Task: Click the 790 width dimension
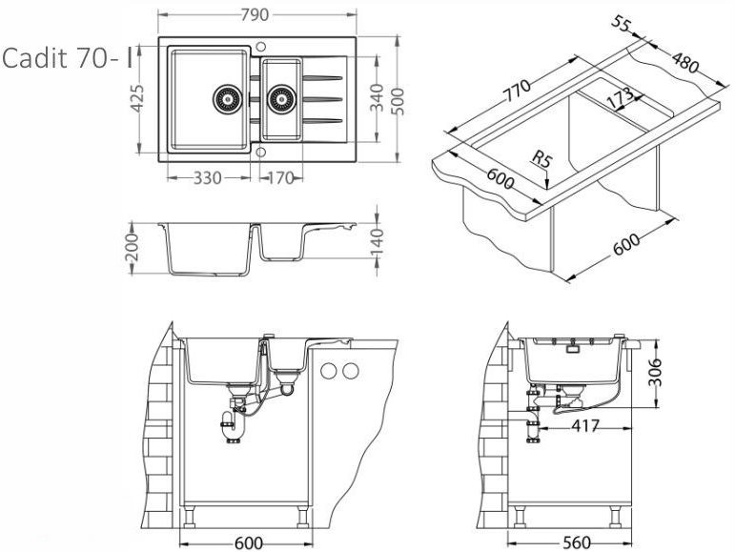[256, 13]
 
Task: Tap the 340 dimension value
[377, 95]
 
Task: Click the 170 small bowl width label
[279, 178]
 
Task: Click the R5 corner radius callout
[542, 160]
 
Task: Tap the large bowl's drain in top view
[227, 97]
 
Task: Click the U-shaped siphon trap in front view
[232, 429]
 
